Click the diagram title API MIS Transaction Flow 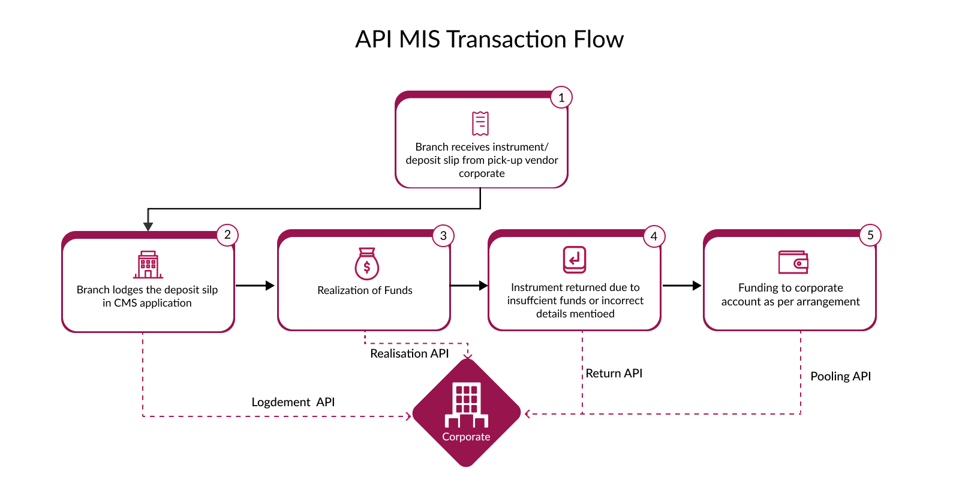pyautogui.click(x=489, y=39)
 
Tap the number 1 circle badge pyautogui.click(x=561, y=98)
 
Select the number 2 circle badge pyautogui.click(x=227, y=235)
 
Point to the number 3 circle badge pyautogui.click(x=443, y=236)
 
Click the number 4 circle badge pyautogui.click(x=653, y=236)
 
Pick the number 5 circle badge pyautogui.click(x=870, y=235)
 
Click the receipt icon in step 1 pyautogui.click(x=480, y=124)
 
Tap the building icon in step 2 pyautogui.click(x=148, y=265)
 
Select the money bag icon pyautogui.click(x=366, y=263)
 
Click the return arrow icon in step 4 pyautogui.click(x=575, y=260)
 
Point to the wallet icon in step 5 pyautogui.click(x=793, y=262)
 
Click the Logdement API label pyautogui.click(x=293, y=402)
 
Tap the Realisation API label pyautogui.click(x=409, y=353)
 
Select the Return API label pyautogui.click(x=614, y=373)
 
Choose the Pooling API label pyautogui.click(x=840, y=376)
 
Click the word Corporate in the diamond pyautogui.click(x=466, y=436)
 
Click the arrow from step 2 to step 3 pyautogui.click(x=255, y=285)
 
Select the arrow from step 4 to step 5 pyautogui.click(x=682, y=285)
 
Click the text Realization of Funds pyautogui.click(x=365, y=290)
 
